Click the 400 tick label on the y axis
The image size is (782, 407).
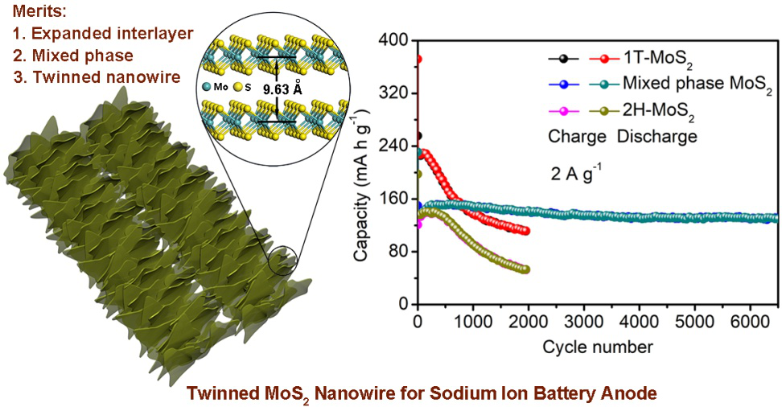coord(394,39)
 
